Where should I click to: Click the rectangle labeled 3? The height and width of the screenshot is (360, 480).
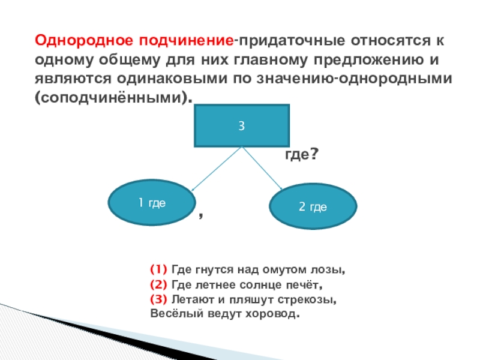coord(242,125)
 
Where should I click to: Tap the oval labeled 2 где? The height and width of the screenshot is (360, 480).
coord(313,206)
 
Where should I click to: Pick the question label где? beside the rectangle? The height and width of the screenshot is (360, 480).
coord(300,154)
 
